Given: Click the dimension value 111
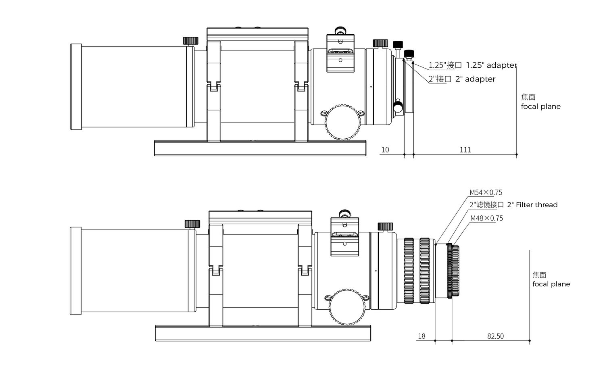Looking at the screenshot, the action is [x=465, y=150].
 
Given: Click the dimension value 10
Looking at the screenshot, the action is [x=385, y=150].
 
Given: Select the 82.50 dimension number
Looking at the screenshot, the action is [x=495, y=336].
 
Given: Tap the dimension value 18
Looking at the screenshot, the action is [x=421, y=336].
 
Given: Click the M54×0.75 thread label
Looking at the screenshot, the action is [x=486, y=193].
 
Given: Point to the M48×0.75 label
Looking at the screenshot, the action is [x=487, y=218].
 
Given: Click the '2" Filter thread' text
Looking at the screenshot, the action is [x=532, y=205].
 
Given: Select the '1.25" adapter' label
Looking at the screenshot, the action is [x=492, y=65].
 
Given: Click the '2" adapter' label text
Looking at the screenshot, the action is [x=476, y=79].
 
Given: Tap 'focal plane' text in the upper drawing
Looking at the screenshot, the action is [x=541, y=106].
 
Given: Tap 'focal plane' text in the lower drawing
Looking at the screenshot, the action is [x=551, y=284].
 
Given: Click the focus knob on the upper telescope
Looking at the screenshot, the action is [x=343, y=123].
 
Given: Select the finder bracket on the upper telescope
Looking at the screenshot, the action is [x=340, y=53].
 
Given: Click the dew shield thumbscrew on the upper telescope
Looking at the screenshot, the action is [x=191, y=41].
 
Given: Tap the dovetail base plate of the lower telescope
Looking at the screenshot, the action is [x=263, y=333].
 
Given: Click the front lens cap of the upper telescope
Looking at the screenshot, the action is [x=76, y=87].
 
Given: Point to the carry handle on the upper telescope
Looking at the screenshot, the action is [x=257, y=34].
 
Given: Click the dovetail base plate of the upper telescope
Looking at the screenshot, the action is [x=260, y=148].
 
